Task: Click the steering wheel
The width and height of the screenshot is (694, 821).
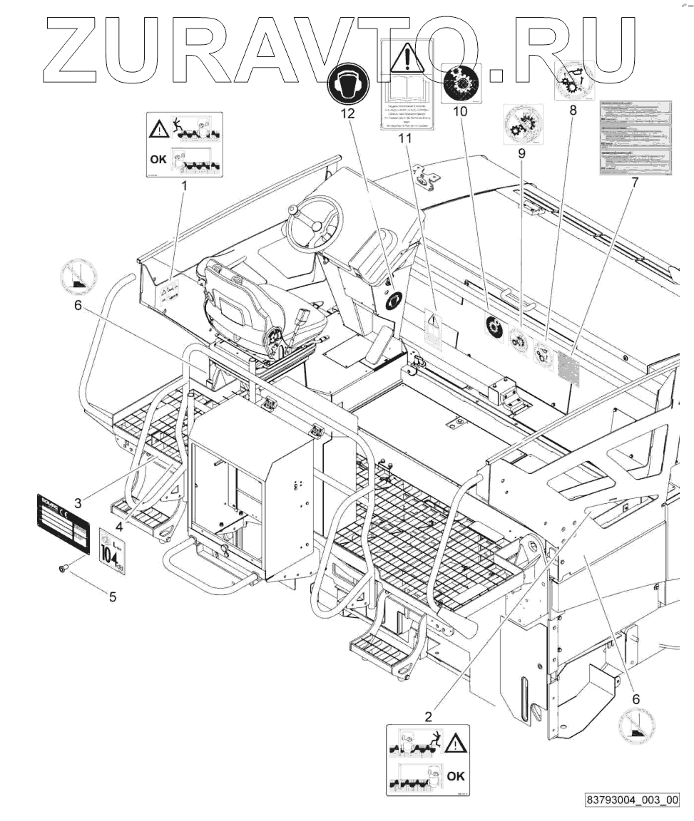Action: [313, 222]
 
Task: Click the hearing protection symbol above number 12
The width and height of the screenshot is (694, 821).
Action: [349, 84]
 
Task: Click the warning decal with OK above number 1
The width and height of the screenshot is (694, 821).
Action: [185, 144]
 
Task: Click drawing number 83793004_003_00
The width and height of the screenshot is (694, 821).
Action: [631, 800]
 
